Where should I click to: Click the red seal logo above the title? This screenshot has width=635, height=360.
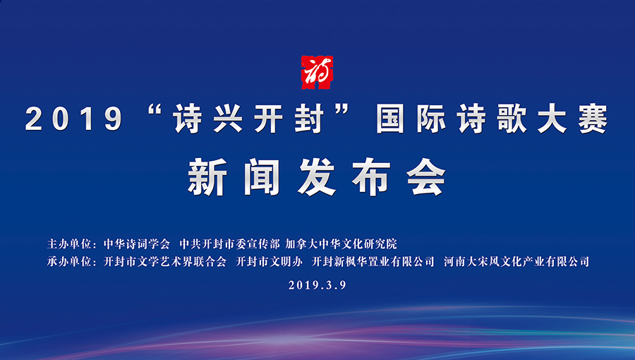[317, 72]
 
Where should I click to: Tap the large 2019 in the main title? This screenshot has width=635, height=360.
[73, 119]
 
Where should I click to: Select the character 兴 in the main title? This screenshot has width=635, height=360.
[228, 119]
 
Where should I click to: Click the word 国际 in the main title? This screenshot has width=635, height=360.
[411, 119]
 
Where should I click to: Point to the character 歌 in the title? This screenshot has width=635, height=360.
[512, 119]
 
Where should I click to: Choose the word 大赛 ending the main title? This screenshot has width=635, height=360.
[573, 119]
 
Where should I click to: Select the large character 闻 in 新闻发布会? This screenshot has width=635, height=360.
[262, 177]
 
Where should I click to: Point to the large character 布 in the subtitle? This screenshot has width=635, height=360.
[371, 177]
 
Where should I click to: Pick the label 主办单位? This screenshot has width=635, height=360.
[69, 244]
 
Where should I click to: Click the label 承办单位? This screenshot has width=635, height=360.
[69, 262]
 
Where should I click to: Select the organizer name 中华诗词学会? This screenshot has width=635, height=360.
[137, 244]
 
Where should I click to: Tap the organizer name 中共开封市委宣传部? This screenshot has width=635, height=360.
[229, 244]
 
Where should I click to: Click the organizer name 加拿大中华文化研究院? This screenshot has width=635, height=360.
[341, 244]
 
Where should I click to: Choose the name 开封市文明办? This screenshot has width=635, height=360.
[270, 262]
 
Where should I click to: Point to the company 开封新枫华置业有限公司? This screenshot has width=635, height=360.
[373, 262]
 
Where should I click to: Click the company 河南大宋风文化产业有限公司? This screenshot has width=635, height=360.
[516, 262]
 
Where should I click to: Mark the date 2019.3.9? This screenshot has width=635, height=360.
[317, 285]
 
